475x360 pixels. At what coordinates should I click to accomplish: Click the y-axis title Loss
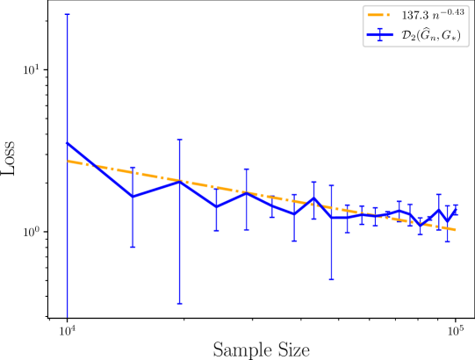pyautogui.click(x=8, y=157)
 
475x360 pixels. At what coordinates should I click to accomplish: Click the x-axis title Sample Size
pyautogui.click(x=262, y=350)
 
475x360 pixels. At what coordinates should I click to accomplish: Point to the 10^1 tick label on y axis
pyautogui.click(x=32, y=69)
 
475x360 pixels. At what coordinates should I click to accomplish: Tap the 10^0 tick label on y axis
pyautogui.click(x=32, y=232)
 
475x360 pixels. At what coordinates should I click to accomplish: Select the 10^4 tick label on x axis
pyautogui.click(x=67, y=331)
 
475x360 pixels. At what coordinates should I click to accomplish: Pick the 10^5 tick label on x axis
pyautogui.click(x=456, y=331)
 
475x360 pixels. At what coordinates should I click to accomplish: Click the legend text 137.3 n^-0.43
pyautogui.click(x=433, y=14)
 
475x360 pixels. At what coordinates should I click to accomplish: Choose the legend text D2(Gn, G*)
pyautogui.click(x=431, y=35)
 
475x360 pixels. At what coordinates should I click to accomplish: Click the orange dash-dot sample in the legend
pyautogui.click(x=380, y=15)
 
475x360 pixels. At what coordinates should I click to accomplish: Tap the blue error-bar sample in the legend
pyautogui.click(x=380, y=35)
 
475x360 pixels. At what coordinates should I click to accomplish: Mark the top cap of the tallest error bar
pyautogui.click(x=67, y=14)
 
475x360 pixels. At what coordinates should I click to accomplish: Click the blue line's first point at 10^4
pyautogui.click(x=67, y=143)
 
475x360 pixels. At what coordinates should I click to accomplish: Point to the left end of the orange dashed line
pyautogui.click(x=67, y=161)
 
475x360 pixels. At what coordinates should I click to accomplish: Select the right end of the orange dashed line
pyautogui.click(x=456, y=230)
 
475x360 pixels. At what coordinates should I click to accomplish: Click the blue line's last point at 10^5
pyautogui.click(x=456, y=210)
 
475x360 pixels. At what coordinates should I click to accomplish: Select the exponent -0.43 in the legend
pyautogui.click(x=452, y=11)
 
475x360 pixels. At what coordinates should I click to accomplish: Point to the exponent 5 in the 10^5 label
pyautogui.click(x=462, y=328)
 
